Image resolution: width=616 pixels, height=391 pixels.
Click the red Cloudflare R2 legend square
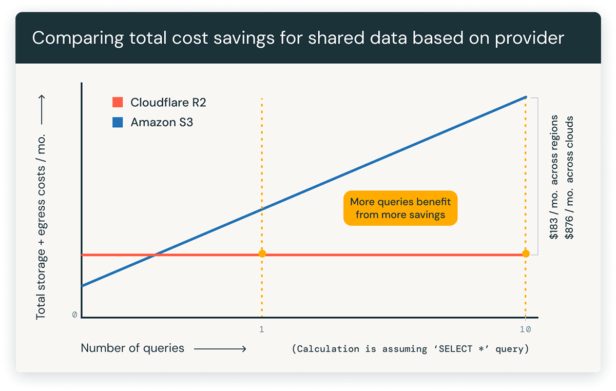click(x=118, y=102)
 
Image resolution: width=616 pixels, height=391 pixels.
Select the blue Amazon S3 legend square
click(x=118, y=123)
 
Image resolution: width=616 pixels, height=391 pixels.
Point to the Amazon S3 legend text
click(x=162, y=123)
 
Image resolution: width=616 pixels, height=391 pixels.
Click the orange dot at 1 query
click(x=262, y=253)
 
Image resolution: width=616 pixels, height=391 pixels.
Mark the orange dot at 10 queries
click(x=526, y=253)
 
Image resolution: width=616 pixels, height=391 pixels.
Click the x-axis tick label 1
click(x=262, y=329)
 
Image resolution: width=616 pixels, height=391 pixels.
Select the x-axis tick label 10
click(x=526, y=329)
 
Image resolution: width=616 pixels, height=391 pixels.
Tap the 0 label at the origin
click(x=74, y=315)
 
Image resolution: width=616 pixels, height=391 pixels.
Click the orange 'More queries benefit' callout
click(x=400, y=208)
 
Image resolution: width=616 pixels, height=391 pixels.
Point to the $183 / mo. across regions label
click(x=554, y=178)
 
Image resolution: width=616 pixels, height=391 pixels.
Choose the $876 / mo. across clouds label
click(x=569, y=178)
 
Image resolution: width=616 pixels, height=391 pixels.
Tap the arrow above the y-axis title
click(x=41, y=111)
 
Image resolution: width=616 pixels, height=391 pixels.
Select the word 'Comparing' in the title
click(x=69, y=39)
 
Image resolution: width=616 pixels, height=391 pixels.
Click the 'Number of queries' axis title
click(x=132, y=348)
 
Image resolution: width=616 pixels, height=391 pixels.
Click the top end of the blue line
click(x=526, y=97)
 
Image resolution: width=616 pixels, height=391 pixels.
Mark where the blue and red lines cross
click(x=155, y=255)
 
